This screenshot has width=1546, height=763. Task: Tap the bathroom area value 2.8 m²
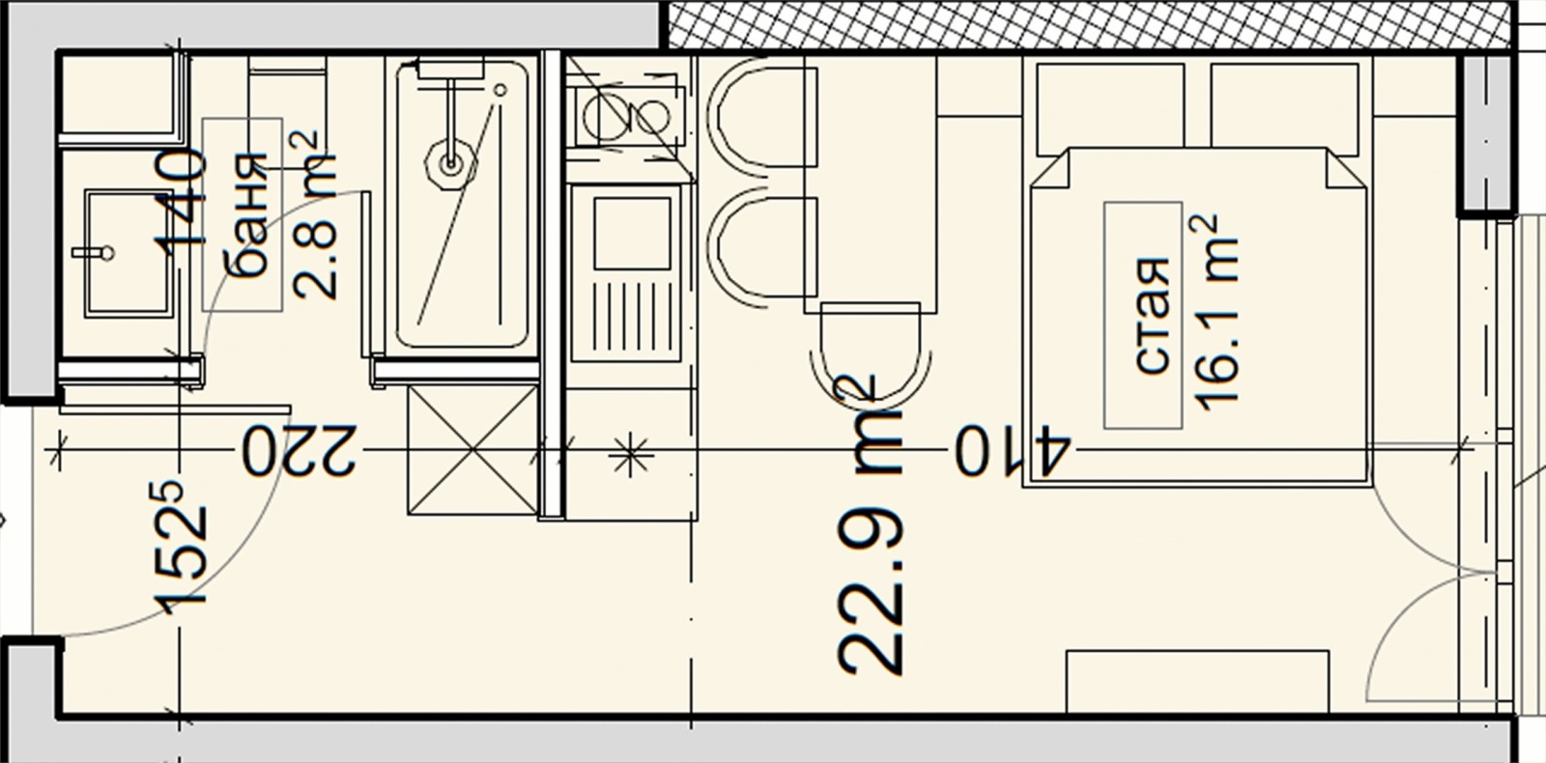tap(314, 215)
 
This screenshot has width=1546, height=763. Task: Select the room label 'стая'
tap(1152, 316)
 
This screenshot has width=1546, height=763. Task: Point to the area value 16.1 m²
tap(1214, 313)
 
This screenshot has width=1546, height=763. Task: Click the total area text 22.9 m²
tap(870, 524)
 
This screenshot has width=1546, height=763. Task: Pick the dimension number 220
tap(300, 450)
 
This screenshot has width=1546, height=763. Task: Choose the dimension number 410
tap(1013, 450)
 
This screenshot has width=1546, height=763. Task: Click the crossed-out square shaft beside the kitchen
tap(472, 450)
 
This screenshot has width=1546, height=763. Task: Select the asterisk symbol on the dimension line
tap(632, 456)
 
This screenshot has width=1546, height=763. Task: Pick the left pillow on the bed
tap(1110, 109)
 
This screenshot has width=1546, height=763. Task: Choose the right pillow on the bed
tap(1285, 109)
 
